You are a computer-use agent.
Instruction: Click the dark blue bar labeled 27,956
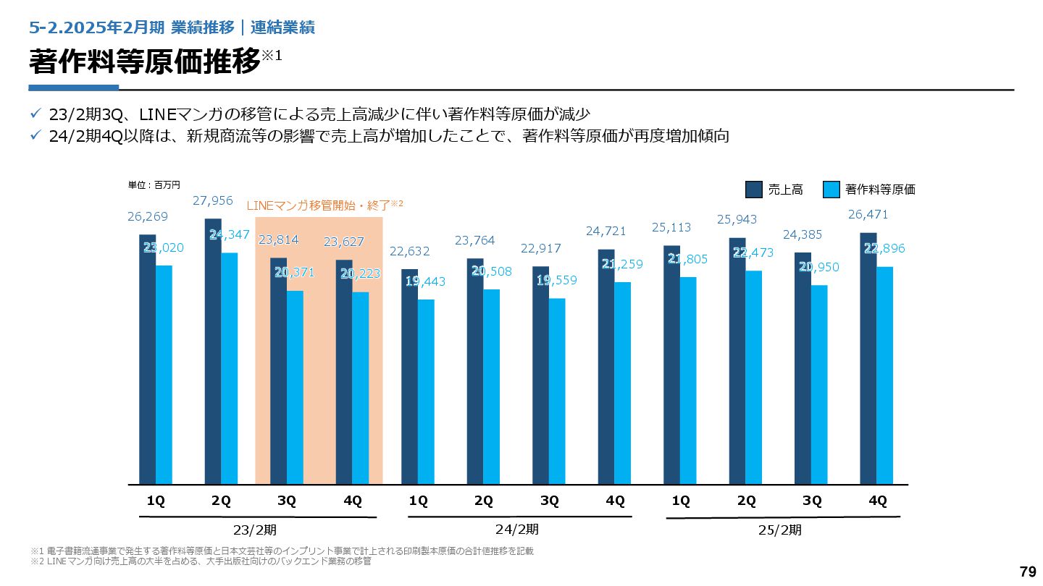click(x=213, y=351)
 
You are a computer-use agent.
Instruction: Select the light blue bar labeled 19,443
click(x=427, y=391)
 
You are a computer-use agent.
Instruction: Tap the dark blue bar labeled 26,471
click(x=868, y=358)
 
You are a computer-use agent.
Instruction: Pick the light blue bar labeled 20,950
click(x=819, y=384)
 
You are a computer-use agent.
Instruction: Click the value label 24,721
click(x=606, y=231)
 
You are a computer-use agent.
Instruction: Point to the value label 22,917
click(x=540, y=249)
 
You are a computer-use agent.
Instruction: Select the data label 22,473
click(x=753, y=252)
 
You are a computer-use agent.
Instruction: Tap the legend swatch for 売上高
click(x=754, y=190)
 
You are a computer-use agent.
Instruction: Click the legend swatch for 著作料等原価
click(x=832, y=190)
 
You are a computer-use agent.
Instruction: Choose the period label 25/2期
click(x=780, y=530)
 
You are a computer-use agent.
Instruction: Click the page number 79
click(x=1028, y=572)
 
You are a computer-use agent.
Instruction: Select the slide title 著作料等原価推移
click(x=144, y=61)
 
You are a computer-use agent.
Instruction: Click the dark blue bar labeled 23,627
click(x=344, y=372)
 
